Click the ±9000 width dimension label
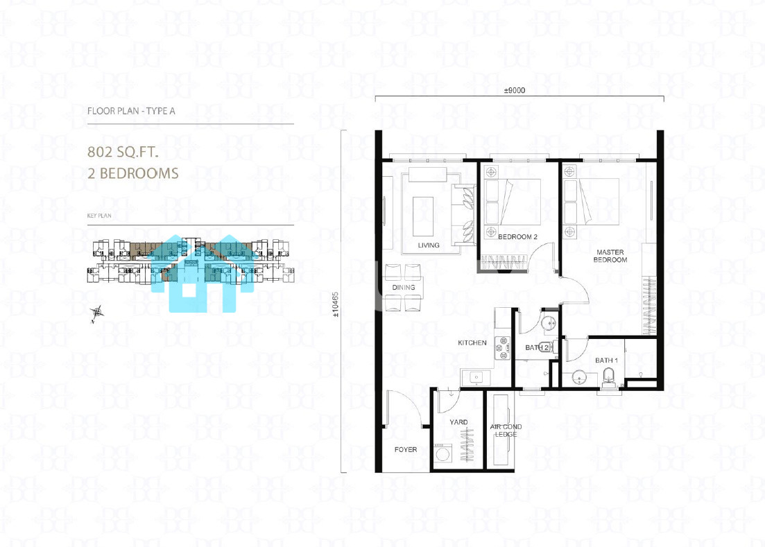[x=514, y=90]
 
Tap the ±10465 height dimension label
[x=335, y=305]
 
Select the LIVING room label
[x=429, y=245]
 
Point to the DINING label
[x=404, y=288]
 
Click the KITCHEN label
[x=472, y=342]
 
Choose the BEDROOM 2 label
[x=517, y=237]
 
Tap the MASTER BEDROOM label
[x=610, y=256]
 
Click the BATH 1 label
[x=606, y=361]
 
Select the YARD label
[x=458, y=422]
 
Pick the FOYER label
[x=406, y=449]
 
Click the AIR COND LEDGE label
[x=506, y=431]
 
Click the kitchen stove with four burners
[x=502, y=348]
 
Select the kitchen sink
[x=476, y=377]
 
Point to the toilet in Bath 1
[x=610, y=378]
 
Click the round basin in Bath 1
[x=579, y=378]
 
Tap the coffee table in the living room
[x=423, y=216]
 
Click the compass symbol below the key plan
[x=97, y=313]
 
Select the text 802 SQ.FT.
[x=123, y=152]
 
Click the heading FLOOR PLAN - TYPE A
[x=131, y=111]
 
